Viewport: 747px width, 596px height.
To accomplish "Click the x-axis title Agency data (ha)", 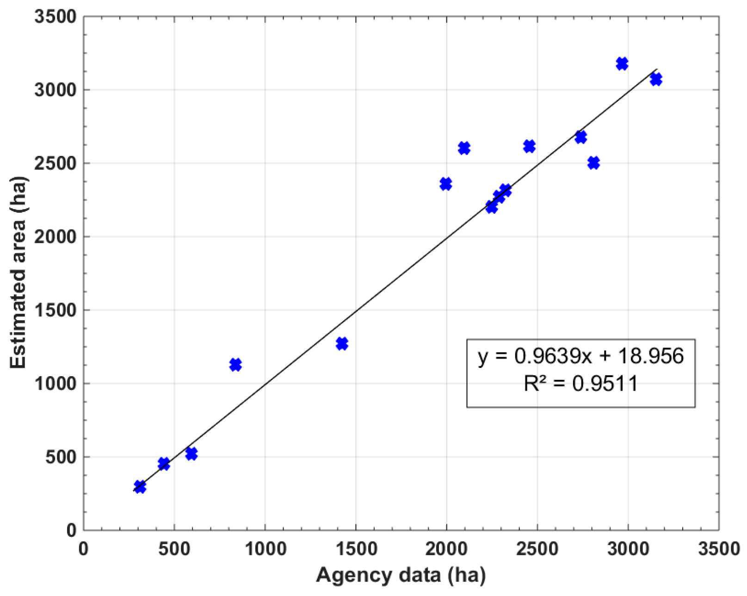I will tap(401, 576).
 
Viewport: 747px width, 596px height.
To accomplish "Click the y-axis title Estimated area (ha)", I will tap(19, 273).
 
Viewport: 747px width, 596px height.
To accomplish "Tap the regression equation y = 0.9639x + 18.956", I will tap(580, 356).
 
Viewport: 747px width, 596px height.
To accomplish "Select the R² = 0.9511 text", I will tap(580, 384).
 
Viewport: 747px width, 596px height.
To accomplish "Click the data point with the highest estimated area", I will tap(622, 63).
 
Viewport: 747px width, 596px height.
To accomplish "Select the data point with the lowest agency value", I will tap(140, 487).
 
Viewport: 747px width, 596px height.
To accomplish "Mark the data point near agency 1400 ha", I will tap(342, 344).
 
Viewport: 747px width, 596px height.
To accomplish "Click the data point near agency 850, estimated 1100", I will tap(235, 365).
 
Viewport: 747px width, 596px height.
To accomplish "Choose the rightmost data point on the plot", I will tap(655, 79).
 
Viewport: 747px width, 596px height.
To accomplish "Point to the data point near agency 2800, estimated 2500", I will tap(593, 163).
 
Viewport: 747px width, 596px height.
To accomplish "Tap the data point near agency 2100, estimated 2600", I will tap(464, 148).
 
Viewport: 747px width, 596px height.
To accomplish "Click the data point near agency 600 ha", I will tap(191, 453).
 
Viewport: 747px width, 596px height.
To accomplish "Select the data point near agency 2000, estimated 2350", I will tap(445, 184).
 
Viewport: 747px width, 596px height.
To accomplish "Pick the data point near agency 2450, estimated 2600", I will tap(529, 146).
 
